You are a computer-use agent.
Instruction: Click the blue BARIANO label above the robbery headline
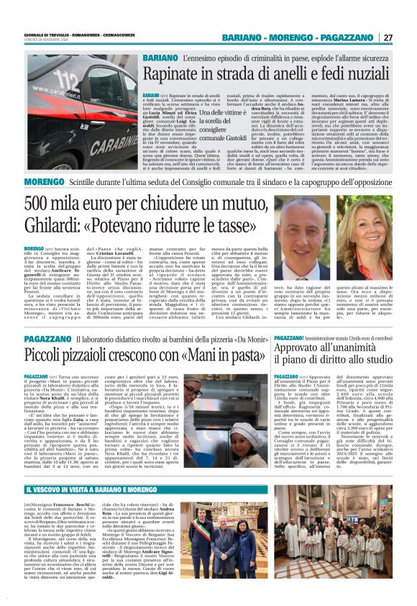pyautogui.click(x=160, y=58)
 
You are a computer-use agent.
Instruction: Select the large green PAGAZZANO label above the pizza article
pyautogui.click(x=48, y=338)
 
